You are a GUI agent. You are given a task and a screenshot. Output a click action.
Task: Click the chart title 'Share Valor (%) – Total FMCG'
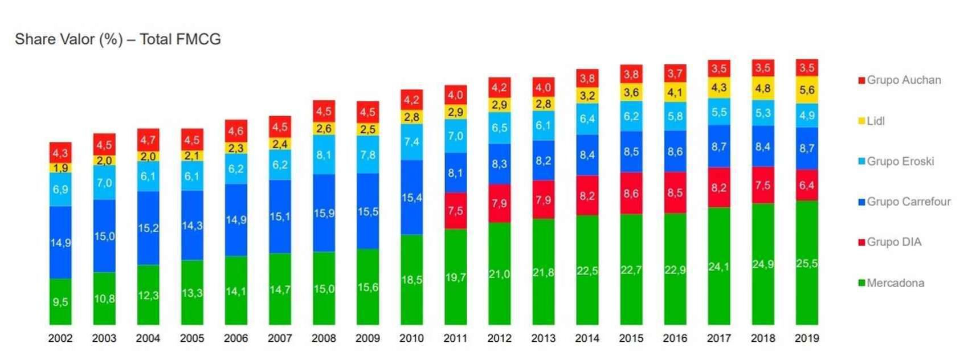(x=117, y=39)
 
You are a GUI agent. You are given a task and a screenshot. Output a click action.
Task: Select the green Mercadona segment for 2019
(x=807, y=263)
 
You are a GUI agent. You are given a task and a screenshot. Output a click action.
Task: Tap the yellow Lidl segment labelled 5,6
(x=807, y=90)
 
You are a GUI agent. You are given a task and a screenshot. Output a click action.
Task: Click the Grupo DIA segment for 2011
(x=455, y=211)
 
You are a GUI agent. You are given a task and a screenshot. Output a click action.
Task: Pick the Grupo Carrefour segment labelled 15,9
(x=324, y=213)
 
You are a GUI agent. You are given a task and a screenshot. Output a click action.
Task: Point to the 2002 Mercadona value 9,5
(x=60, y=302)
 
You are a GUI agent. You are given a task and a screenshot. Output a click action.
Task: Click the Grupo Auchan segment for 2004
(x=148, y=140)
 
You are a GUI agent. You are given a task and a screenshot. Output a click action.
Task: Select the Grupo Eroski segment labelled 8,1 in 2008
(x=324, y=154)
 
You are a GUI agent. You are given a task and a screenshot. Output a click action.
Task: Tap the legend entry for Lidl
(x=875, y=121)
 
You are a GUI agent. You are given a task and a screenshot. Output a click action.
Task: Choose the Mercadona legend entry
(x=895, y=283)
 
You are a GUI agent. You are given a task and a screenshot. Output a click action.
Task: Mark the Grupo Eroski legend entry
(x=900, y=161)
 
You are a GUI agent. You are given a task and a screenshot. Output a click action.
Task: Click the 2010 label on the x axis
(x=411, y=338)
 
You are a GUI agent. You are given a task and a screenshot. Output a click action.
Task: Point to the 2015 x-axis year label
(x=631, y=338)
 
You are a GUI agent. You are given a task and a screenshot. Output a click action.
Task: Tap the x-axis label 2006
(x=236, y=338)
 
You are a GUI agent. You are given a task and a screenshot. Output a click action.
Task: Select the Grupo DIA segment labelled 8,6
(x=631, y=193)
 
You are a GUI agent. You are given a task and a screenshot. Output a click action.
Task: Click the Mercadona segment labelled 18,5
(x=411, y=280)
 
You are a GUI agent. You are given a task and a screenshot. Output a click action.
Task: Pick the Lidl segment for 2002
(x=60, y=168)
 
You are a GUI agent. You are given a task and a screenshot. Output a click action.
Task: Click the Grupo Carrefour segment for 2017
(x=718, y=146)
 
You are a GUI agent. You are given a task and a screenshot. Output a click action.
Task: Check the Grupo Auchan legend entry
(x=903, y=80)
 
